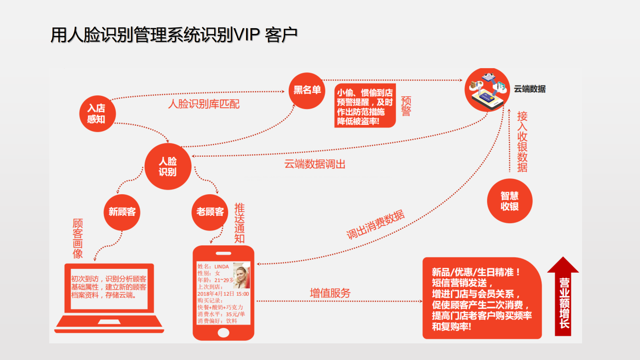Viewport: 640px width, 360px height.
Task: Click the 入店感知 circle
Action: point(97,114)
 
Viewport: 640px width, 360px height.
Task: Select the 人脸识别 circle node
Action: point(168,166)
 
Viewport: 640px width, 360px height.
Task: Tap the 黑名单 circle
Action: point(307,91)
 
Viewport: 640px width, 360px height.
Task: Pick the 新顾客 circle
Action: point(122,212)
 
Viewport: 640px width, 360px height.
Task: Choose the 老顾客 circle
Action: point(210,212)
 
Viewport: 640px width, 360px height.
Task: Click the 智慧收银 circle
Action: point(509,201)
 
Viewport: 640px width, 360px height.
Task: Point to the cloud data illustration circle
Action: point(487,90)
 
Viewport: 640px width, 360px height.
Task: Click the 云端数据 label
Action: point(530,89)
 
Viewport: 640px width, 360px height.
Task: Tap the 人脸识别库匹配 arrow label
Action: point(204,104)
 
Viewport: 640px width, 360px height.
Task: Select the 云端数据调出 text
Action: point(315,164)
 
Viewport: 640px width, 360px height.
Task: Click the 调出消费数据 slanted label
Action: point(375,224)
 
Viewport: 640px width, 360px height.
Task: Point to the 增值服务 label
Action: point(330,293)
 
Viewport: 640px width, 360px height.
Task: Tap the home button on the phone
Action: point(223,333)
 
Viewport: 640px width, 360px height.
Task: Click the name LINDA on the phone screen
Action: point(221,267)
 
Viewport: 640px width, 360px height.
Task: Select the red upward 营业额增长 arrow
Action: point(563,298)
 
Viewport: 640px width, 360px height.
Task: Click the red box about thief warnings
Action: point(365,106)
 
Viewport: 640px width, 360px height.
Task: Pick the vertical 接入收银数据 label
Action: point(522,141)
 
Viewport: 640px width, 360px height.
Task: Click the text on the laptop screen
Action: point(109,287)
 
